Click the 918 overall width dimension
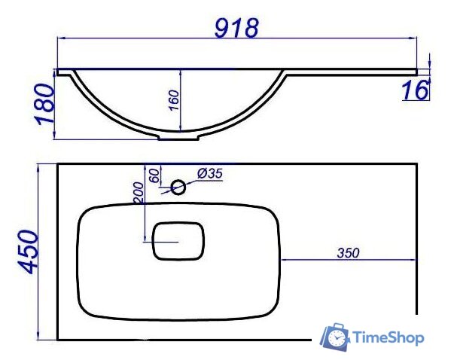(x=236, y=28)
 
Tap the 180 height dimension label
(x=45, y=104)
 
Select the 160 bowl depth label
(x=174, y=100)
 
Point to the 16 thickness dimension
(x=416, y=90)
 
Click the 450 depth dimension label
(x=28, y=252)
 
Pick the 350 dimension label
(x=348, y=253)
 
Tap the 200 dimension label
(x=139, y=192)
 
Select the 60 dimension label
(x=154, y=175)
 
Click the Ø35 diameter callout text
(x=210, y=173)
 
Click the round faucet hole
(x=178, y=187)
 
